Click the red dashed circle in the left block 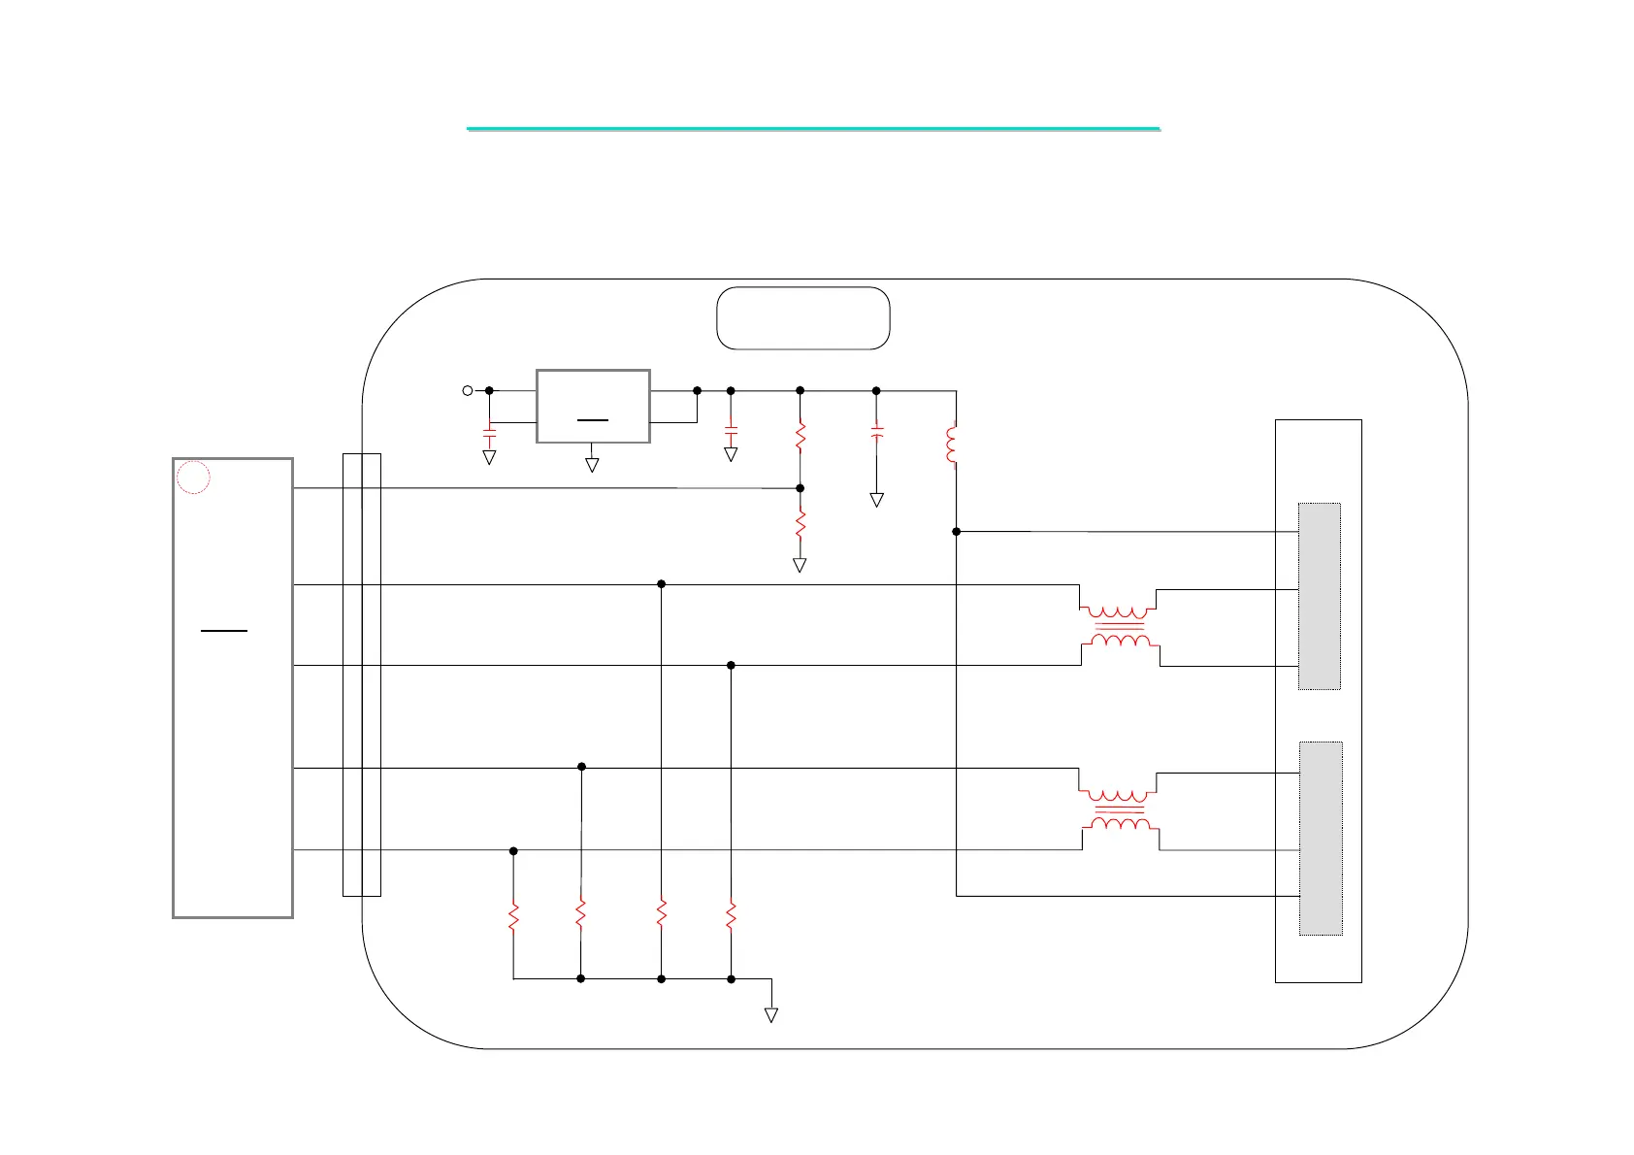click(194, 478)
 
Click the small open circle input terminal click(467, 390)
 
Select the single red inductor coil click(952, 445)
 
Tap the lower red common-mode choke click(1119, 809)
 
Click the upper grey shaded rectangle click(1320, 596)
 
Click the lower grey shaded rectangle click(1321, 838)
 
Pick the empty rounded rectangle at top click(802, 317)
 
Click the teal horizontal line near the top click(813, 128)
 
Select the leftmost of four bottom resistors click(513, 916)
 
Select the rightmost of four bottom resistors click(731, 916)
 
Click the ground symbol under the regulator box click(592, 465)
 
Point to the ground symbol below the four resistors click(771, 1014)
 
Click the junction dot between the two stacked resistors click(801, 488)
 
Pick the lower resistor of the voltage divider click(801, 525)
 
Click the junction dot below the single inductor click(957, 532)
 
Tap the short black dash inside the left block click(224, 631)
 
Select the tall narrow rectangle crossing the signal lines click(362, 675)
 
